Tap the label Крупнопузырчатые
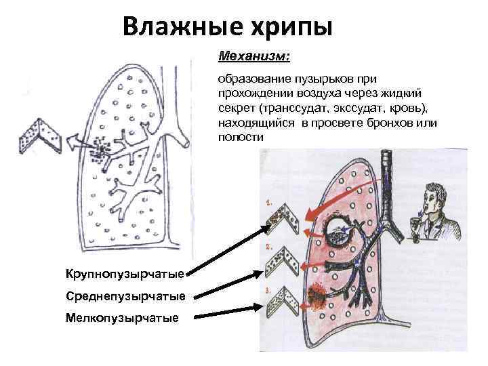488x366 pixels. [x=125, y=274]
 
